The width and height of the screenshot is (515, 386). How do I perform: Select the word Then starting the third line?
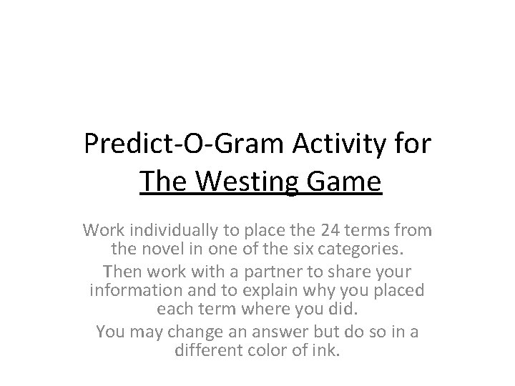(x=121, y=272)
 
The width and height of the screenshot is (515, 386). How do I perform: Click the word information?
(x=132, y=292)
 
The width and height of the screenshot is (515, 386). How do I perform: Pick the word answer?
(x=253, y=332)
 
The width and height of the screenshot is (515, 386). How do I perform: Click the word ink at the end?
(x=326, y=352)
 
